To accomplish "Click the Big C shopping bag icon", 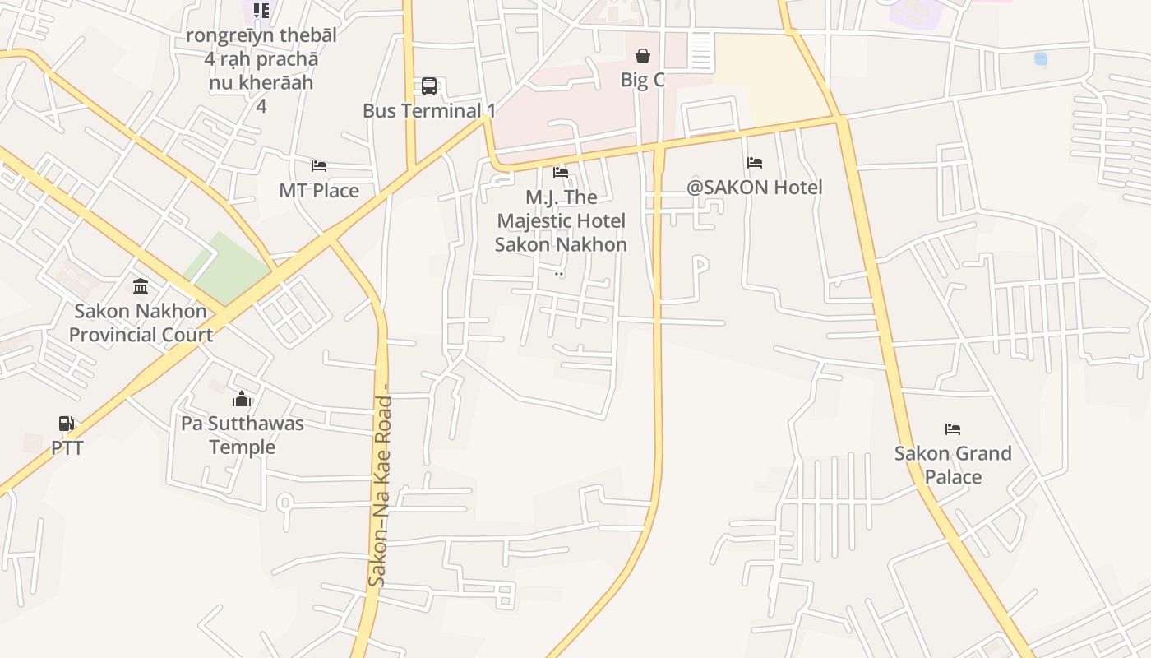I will pos(643,56).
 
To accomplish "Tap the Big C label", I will pos(643,80).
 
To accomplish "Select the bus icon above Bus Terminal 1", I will pos(429,86).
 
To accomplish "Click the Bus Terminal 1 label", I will pos(430,110).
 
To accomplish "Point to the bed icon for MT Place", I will pos(319,166).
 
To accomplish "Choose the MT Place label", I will pos(319,190).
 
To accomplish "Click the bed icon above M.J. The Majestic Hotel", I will pos(561,173).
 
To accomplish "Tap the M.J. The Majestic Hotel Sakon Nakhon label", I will pos(561,220).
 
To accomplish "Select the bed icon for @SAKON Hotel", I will pos(755,163).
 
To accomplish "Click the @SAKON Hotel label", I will pos(755,187).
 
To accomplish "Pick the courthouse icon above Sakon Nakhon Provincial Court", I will pos(141,287).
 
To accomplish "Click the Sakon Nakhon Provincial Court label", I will pos(141,322).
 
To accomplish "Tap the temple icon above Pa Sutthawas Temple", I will pos(242,400).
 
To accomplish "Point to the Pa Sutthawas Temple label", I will pos(243,435).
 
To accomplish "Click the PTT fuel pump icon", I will pos(67,424).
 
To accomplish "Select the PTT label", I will pos(67,447).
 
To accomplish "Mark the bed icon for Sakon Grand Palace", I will pos(953,429).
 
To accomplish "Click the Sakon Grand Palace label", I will pos(953,465).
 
